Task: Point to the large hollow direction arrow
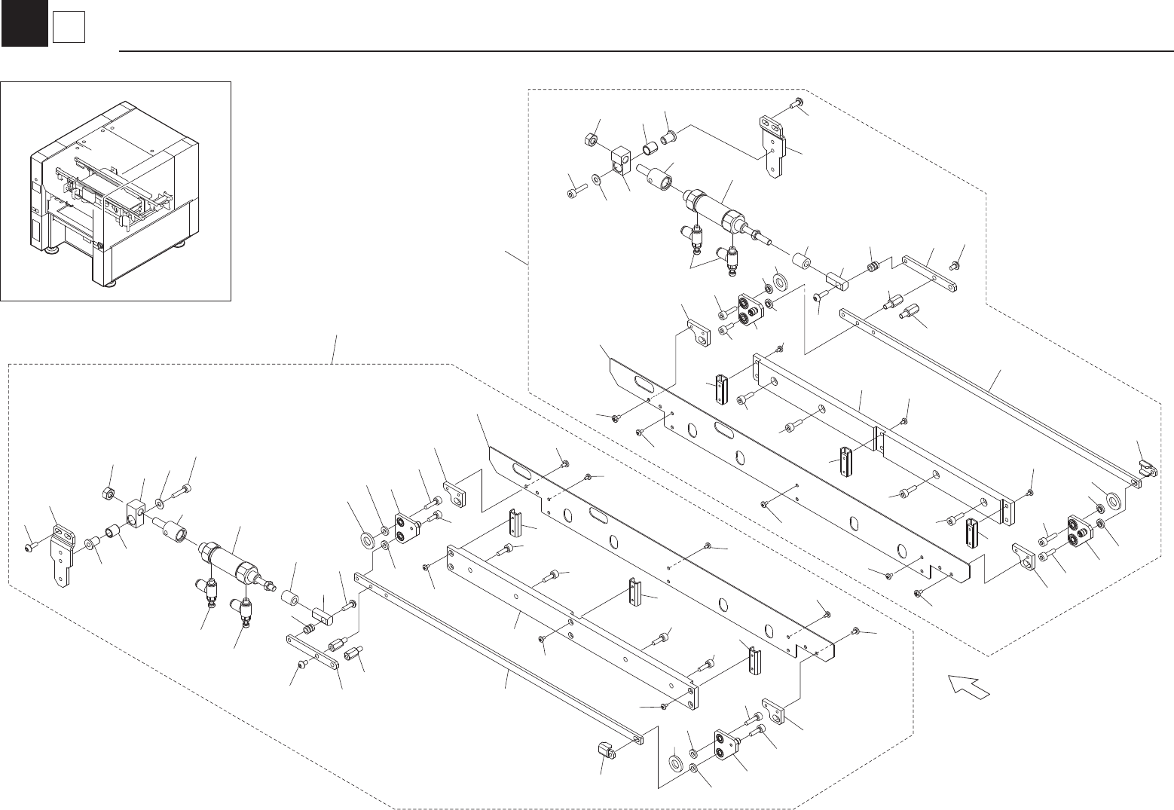[x=969, y=687]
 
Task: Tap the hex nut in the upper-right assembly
[x=592, y=139]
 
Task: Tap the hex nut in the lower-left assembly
[x=108, y=494]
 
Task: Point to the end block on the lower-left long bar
[x=604, y=750]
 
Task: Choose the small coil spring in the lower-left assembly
[x=307, y=628]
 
